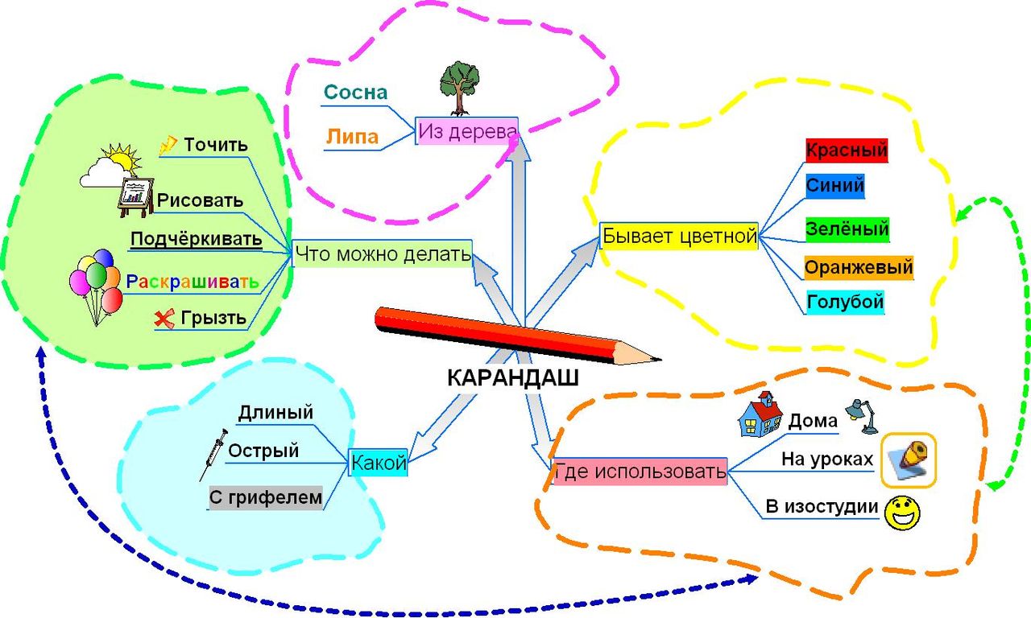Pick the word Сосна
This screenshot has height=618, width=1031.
point(355,93)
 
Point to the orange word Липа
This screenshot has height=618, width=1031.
point(352,137)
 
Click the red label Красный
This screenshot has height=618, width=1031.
point(847,150)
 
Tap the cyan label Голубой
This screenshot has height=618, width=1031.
point(846,302)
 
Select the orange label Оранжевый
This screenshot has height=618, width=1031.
point(859,266)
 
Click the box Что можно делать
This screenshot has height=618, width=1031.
point(383,255)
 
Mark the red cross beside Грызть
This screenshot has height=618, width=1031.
point(164,319)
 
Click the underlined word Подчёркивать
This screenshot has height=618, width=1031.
point(197,239)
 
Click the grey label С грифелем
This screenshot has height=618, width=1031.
point(266,498)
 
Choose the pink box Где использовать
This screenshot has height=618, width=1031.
point(640,472)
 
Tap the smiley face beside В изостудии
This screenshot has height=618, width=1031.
point(903,512)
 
